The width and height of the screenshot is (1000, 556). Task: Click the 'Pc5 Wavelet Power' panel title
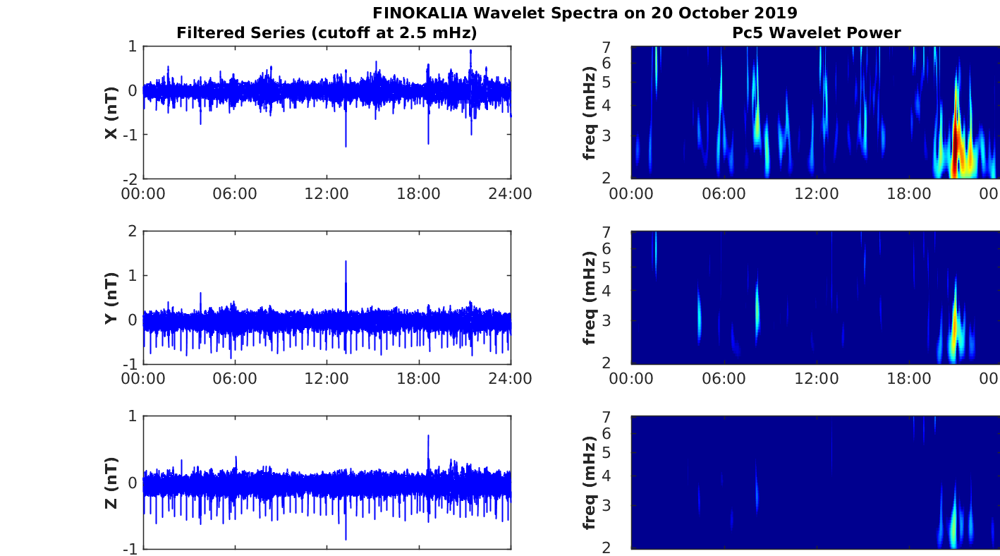tap(815, 32)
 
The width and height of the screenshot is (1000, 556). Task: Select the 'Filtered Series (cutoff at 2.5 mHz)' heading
tap(327, 32)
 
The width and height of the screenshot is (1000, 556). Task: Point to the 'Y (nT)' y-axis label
tap(111, 298)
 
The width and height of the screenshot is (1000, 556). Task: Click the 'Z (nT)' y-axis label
tap(111, 483)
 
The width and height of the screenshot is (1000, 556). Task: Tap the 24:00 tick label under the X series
tap(511, 193)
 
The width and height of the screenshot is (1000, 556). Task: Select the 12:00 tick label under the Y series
tap(327, 379)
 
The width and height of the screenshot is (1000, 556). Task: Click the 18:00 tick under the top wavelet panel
tap(908, 193)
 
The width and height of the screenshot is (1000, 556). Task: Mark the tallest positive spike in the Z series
tap(428, 437)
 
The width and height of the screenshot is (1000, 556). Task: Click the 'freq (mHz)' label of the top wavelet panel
tap(590, 113)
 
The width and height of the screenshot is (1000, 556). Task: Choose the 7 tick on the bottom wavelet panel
tap(623, 417)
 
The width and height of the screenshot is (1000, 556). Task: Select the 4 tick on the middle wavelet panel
tap(623, 291)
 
